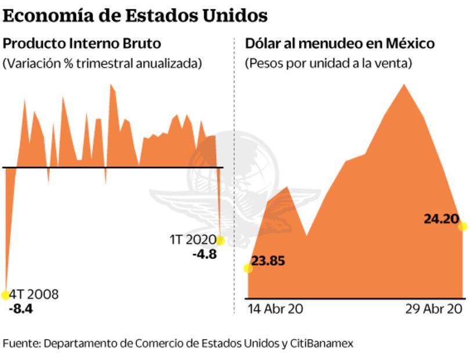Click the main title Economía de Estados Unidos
(135, 15)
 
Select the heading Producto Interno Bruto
(82, 44)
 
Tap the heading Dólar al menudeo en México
(340, 44)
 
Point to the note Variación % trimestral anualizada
(103, 63)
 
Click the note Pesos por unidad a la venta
(328, 63)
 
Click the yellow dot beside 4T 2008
(6, 295)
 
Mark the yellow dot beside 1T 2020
(220, 240)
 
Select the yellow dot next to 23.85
(248, 268)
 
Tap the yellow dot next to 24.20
(462, 226)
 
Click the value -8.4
(21, 308)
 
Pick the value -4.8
(205, 254)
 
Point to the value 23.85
(268, 261)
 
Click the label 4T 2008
(35, 294)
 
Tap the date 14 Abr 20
(275, 309)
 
